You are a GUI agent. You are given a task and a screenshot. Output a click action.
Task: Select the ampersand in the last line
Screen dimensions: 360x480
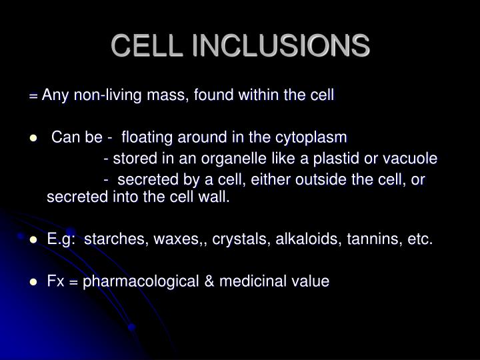pos(211,281)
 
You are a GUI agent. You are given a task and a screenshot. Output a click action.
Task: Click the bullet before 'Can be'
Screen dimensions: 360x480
pos(33,139)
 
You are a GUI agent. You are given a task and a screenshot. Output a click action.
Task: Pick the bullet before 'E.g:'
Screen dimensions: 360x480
pos(33,241)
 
